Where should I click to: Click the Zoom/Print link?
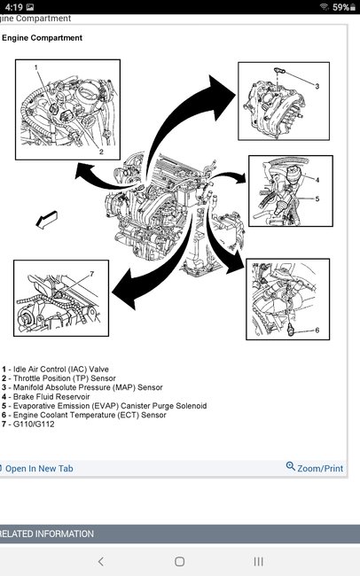(x=315, y=468)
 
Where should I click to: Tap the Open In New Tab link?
(x=36, y=469)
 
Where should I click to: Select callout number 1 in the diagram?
(x=36, y=67)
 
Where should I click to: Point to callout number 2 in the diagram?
(x=101, y=152)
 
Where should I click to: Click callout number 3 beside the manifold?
(x=317, y=86)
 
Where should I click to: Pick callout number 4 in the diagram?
(x=317, y=180)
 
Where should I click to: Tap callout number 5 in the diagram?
(x=317, y=198)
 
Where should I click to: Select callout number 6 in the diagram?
(x=317, y=330)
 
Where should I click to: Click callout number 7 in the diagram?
(x=92, y=274)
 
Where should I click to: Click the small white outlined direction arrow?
(x=47, y=220)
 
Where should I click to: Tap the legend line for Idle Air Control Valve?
(x=55, y=370)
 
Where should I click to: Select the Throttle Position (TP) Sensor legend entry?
(x=59, y=378)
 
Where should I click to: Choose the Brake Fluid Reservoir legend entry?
(x=45, y=397)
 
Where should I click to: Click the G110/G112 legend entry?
(x=28, y=424)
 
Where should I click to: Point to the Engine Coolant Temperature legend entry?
(x=84, y=415)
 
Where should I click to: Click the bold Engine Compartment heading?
(x=42, y=38)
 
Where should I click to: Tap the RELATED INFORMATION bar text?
(x=47, y=533)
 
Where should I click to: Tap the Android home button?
(x=179, y=561)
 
